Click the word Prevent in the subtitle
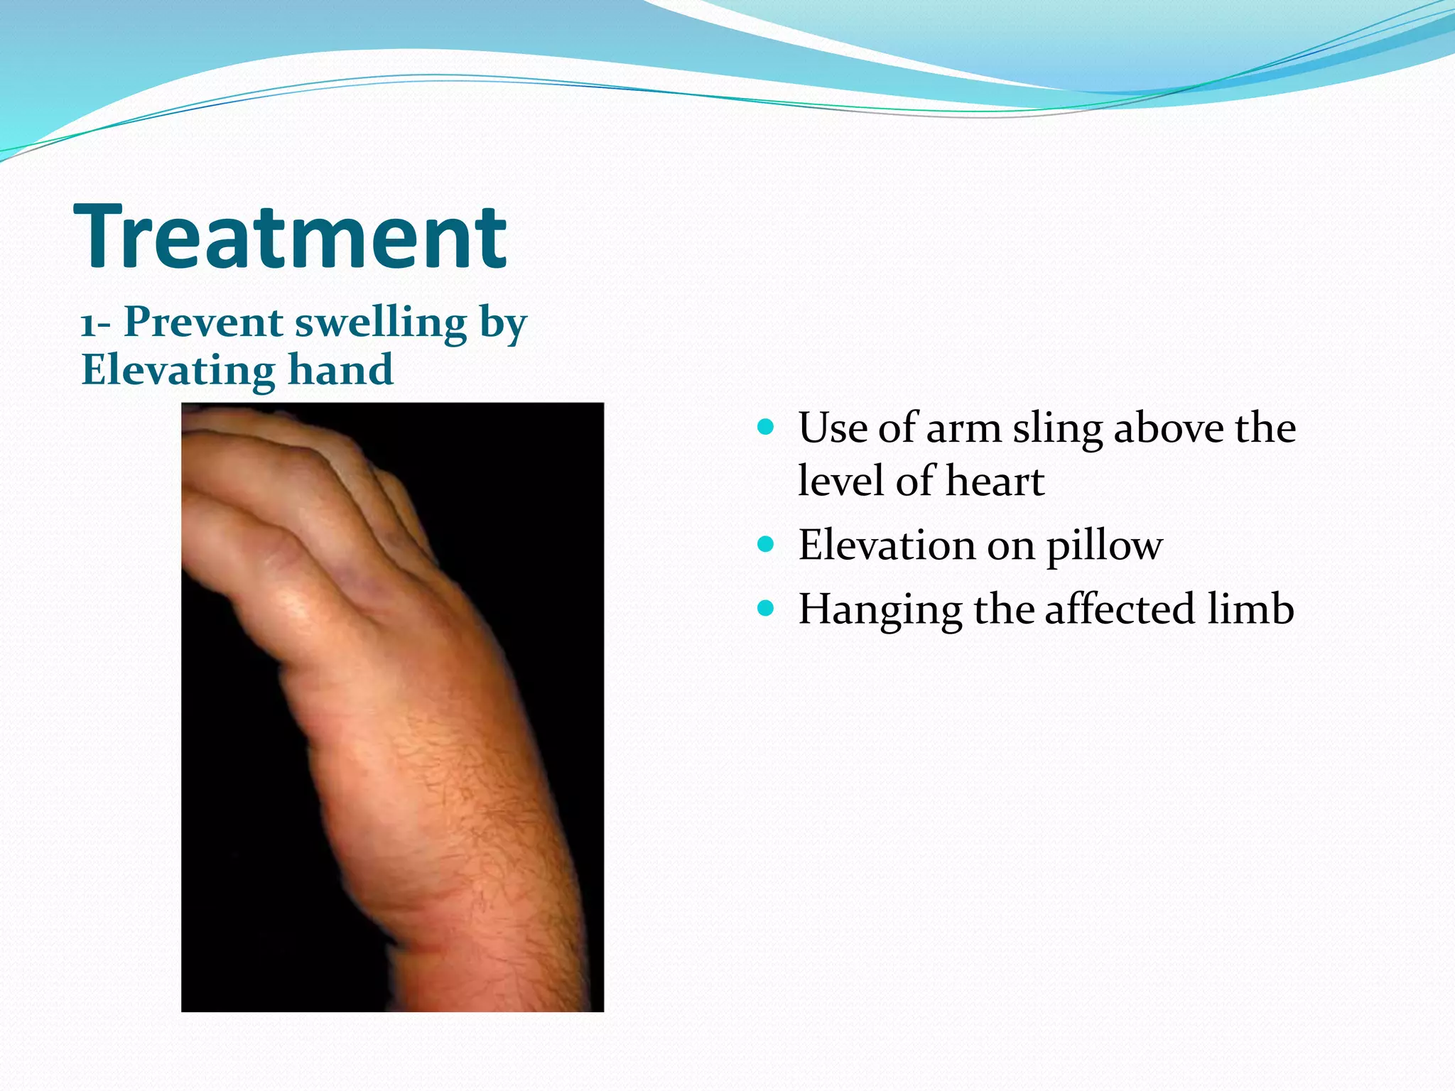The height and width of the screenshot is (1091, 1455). (204, 322)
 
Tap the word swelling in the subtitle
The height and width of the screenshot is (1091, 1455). (381, 324)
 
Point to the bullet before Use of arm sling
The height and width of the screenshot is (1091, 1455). (765, 427)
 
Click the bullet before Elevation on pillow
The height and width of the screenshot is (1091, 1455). (765, 545)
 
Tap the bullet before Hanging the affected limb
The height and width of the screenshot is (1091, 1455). (765, 608)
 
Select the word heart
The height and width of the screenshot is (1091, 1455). (995, 482)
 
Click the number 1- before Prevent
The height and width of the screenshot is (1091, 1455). (95, 325)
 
